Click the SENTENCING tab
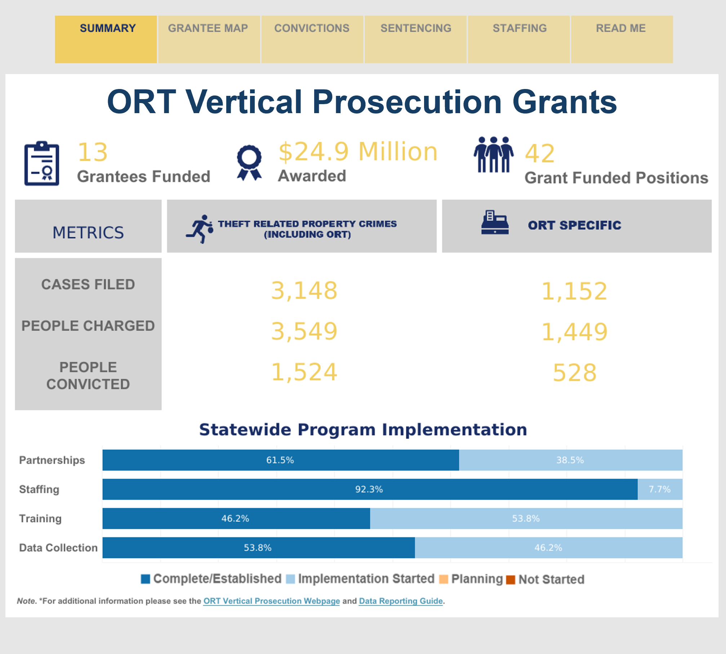415,39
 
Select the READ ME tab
622,39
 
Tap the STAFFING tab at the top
519,39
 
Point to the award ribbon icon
249,163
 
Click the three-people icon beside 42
493,155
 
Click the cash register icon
495,222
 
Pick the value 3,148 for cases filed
304,290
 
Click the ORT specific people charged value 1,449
575,332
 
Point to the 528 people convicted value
575,373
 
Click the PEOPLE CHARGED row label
88,326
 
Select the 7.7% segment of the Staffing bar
660,489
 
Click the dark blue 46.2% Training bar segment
236,519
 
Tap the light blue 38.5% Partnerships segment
571,460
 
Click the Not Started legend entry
545,579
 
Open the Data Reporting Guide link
401,601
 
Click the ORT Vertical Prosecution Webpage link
272,601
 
